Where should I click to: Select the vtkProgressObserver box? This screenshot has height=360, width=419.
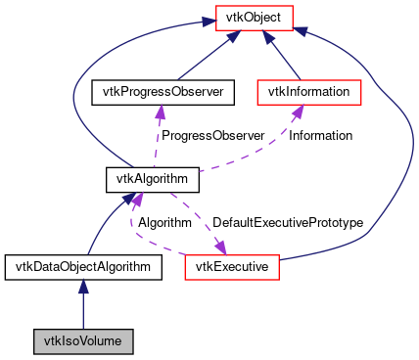click(158, 92)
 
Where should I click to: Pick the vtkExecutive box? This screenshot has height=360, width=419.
click(233, 266)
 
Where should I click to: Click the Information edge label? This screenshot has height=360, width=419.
click(320, 135)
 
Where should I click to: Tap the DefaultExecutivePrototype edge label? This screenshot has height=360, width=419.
click(288, 222)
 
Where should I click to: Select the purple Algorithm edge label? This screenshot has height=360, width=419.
click(163, 222)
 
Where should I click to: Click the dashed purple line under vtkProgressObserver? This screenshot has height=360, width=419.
click(154, 142)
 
